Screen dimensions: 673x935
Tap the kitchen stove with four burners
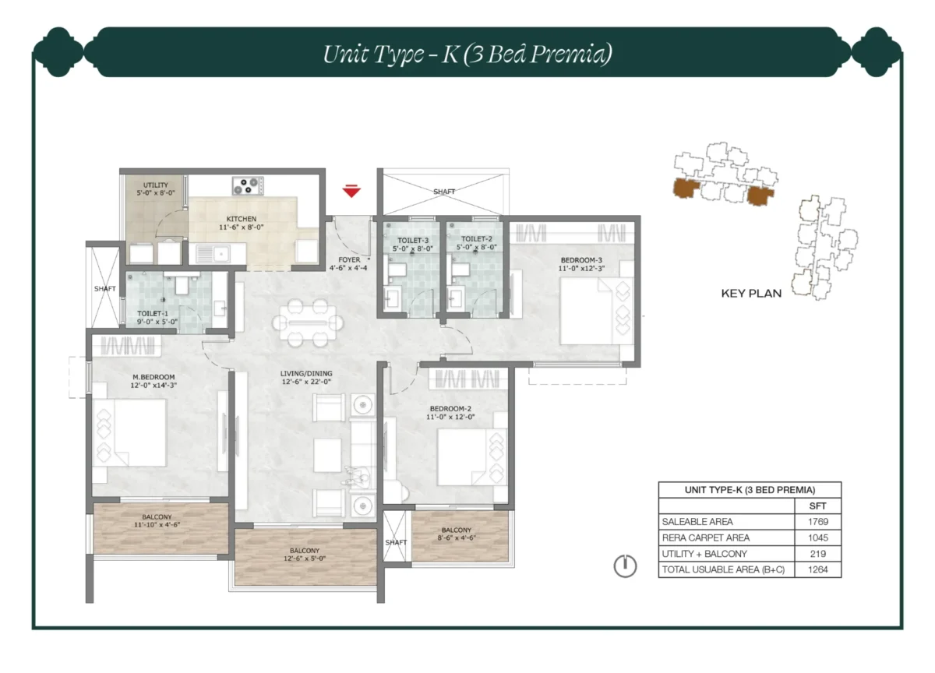(247, 185)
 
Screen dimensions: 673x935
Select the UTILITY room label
(155, 185)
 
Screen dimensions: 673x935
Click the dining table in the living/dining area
(311, 322)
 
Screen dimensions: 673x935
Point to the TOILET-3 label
(411, 240)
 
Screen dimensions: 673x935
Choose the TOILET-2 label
(475, 240)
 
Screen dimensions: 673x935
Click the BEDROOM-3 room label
(580, 259)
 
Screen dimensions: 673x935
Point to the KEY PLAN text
(750, 294)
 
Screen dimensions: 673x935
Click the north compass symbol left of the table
(625, 566)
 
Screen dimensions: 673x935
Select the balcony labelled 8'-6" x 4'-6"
(456, 534)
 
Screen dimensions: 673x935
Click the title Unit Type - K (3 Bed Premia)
(467, 54)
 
